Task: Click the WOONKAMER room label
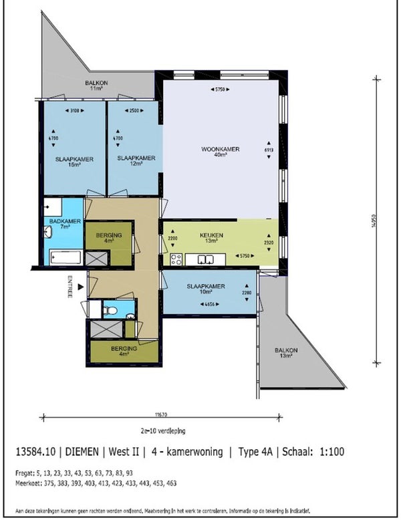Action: [x=220, y=152]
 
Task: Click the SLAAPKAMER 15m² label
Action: [x=74, y=161]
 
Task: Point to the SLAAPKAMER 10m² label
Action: [x=207, y=289]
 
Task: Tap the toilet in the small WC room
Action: [x=111, y=309]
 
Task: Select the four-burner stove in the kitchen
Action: [x=176, y=259]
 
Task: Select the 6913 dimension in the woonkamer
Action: [x=269, y=152]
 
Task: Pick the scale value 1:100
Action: [x=331, y=452]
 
